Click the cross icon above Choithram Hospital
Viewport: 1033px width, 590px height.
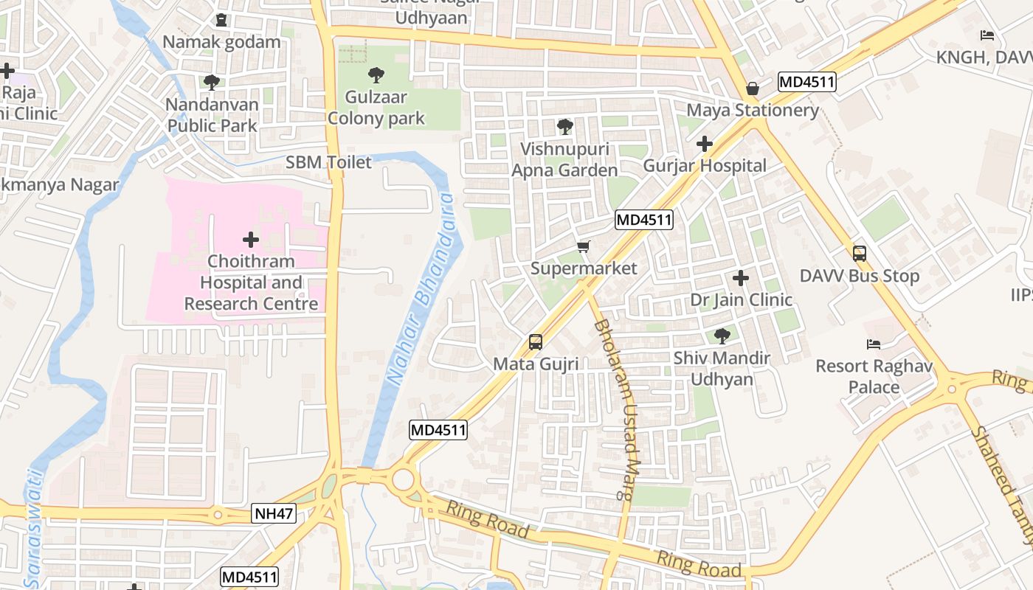(x=251, y=240)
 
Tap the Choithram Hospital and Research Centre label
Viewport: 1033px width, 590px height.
(x=251, y=282)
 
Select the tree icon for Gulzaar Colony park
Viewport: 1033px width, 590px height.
(x=376, y=74)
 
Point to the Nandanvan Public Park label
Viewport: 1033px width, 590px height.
(x=212, y=115)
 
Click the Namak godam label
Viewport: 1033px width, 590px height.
(x=221, y=41)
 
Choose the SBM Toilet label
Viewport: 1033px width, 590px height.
(x=328, y=162)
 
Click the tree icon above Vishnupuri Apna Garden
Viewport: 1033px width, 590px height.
(x=564, y=127)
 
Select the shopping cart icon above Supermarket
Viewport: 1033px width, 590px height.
(x=584, y=246)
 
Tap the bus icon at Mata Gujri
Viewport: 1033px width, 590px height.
(x=536, y=342)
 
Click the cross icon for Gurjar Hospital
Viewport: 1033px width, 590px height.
(x=705, y=144)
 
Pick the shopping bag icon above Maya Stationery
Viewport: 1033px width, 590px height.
(x=753, y=88)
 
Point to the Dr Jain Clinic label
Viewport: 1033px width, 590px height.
(x=741, y=300)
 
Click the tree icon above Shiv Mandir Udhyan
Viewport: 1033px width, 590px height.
(x=722, y=336)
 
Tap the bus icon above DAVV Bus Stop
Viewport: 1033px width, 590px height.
(x=860, y=254)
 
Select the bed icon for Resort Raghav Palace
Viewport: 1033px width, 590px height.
(x=874, y=344)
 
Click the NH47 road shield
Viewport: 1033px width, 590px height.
(x=273, y=513)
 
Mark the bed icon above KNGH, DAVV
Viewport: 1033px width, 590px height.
(x=987, y=35)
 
